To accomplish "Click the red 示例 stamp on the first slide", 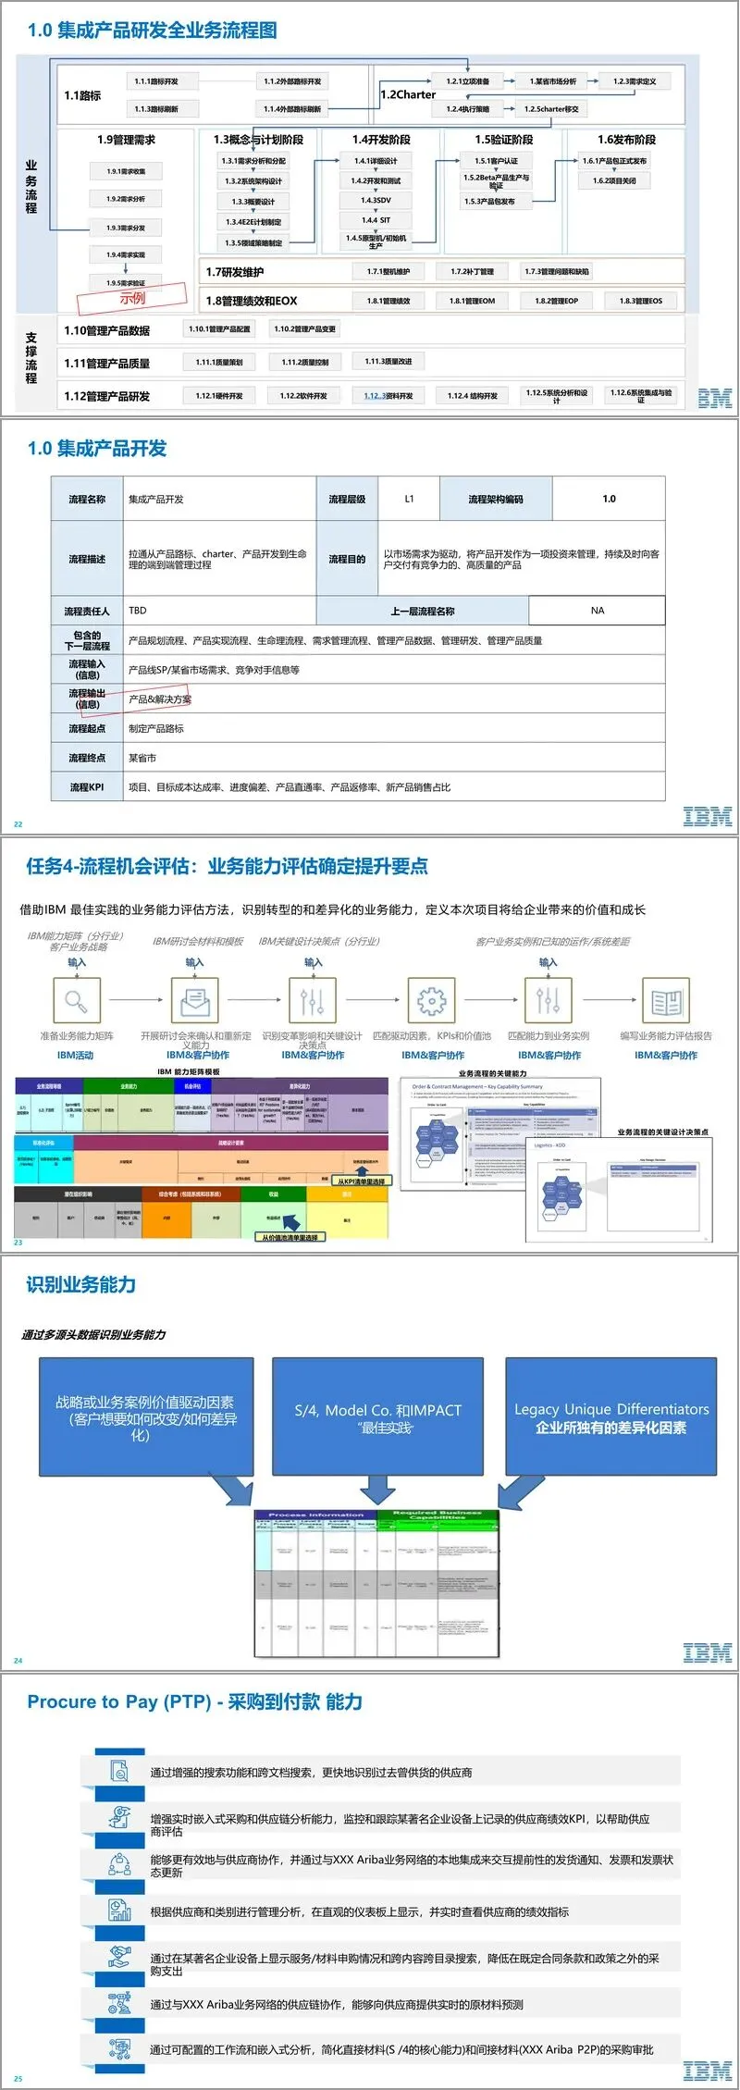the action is point(131,298).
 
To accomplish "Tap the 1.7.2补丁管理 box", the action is point(472,271).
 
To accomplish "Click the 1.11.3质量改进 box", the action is point(388,362).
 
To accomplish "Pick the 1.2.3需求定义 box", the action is point(634,81).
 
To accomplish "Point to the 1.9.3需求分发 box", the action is point(125,228).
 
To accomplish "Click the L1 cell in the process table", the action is point(409,499).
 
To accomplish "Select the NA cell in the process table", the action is point(597,611).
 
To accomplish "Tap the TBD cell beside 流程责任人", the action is point(138,611).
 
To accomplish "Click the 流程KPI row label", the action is point(87,787).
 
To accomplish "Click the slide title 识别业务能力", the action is point(81,1284).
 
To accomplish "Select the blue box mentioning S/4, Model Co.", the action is point(377,1416).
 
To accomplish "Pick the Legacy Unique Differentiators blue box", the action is point(610,1416).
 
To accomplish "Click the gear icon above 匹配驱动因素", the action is point(431,1000).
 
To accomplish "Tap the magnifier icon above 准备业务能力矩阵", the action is point(76,1000).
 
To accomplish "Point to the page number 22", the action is point(18,824).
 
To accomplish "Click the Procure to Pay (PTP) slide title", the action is point(194,1701).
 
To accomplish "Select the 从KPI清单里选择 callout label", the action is point(361,1181).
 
